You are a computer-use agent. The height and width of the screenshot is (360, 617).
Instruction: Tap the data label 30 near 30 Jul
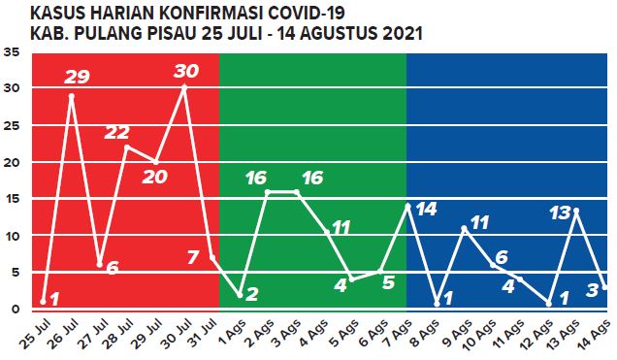coord(186,71)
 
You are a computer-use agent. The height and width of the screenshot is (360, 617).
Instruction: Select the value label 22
coord(117,132)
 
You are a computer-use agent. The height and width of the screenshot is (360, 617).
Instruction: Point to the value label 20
coord(155,177)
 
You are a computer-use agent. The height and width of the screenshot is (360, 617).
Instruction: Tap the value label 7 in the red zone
coord(193,258)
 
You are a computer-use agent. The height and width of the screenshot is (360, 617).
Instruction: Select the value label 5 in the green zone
coord(388,283)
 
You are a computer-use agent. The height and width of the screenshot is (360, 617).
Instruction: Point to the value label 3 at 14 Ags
coord(592,289)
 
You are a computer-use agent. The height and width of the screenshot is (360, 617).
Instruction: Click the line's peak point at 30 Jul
coord(184,87)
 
